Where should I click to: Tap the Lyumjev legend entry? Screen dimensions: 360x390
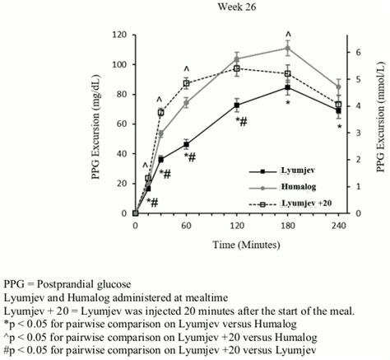click(x=281, y=171)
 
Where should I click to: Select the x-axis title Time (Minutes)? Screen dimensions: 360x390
click(x=236, y=245)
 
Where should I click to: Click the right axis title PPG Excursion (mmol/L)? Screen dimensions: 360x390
click(x=381, y=124)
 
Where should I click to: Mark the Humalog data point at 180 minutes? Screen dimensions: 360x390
click(x=287, y=48)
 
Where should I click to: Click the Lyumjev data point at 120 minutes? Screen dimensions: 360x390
click(x=237, y=105)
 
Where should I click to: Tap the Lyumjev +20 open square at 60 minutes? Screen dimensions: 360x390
click(x=186, y=83)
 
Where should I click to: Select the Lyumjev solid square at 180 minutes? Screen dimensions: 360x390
click(x=287, y=87)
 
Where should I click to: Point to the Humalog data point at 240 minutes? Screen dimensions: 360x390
click(x=338, y=86)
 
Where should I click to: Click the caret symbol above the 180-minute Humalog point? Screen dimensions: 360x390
click(x=288, y=34)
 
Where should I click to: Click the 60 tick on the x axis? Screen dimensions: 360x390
click(x=186, y=223)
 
